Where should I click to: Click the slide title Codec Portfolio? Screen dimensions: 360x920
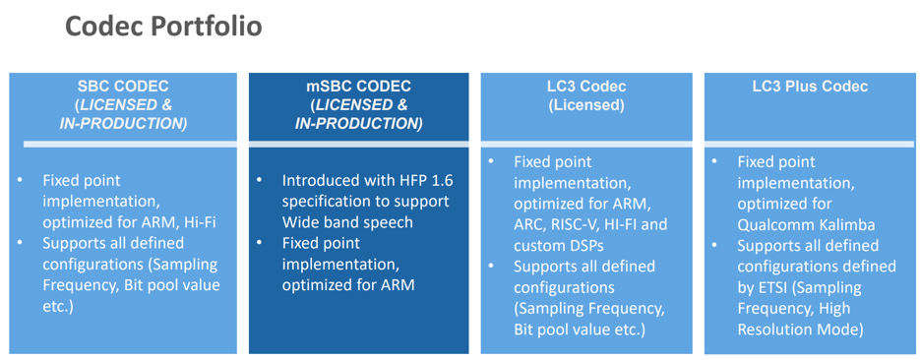[163, 27]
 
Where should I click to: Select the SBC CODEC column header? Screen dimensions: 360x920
[123, 87]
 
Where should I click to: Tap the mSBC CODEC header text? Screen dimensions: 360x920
[358, 87]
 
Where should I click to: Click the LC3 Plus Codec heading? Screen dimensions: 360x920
[810, 87]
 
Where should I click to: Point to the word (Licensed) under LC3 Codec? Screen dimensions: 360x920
[586, 105]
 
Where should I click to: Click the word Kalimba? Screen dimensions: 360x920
[845, 224]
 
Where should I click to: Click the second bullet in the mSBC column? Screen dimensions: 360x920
[260, 243]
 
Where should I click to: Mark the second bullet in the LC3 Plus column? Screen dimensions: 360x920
[716, 246]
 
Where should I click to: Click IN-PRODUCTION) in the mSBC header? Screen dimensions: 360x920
[358, 124]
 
